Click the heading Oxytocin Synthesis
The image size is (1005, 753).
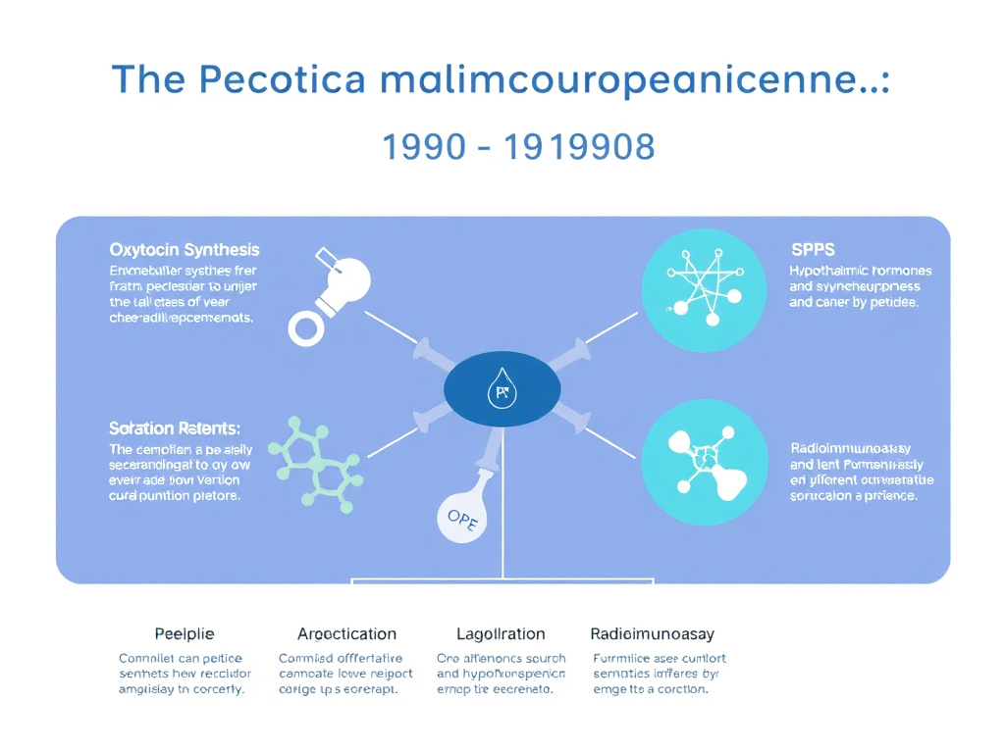coord(185,250)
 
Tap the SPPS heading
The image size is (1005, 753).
coord(812,250)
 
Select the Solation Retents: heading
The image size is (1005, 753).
coord(175,428)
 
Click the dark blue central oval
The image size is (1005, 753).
coord(502,390)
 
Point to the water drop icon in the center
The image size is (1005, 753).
coord(502,392)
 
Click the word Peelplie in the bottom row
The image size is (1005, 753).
coord(185,634)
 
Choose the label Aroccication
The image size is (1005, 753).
coord(346,634)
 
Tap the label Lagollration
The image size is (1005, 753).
coord(501,634)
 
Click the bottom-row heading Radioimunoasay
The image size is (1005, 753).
coord(652,634)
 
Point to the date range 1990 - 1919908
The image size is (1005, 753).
coord(517,147)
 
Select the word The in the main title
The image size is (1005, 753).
coord(147,79)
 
